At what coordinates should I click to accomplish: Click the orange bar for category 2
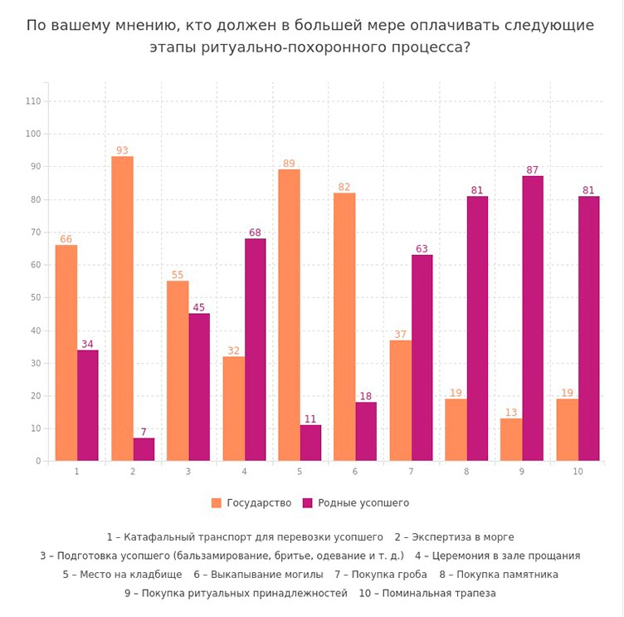point(122,308)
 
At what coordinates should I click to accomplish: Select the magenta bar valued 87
point(533,318)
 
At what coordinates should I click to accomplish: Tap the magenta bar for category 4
point(255,349)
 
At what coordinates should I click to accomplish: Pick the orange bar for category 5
point(289,315)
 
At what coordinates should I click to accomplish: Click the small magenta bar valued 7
point(144,448)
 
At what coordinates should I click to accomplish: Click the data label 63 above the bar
point(422,248)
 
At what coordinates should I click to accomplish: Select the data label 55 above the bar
point(177,275)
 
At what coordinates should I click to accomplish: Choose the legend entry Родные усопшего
point(356,503)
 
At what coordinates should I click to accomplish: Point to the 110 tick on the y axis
point(33,101)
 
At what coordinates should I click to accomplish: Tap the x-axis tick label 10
point(577,472)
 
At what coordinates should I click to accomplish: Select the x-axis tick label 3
point(188,472)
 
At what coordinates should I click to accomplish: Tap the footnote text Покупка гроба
point(388,575)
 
